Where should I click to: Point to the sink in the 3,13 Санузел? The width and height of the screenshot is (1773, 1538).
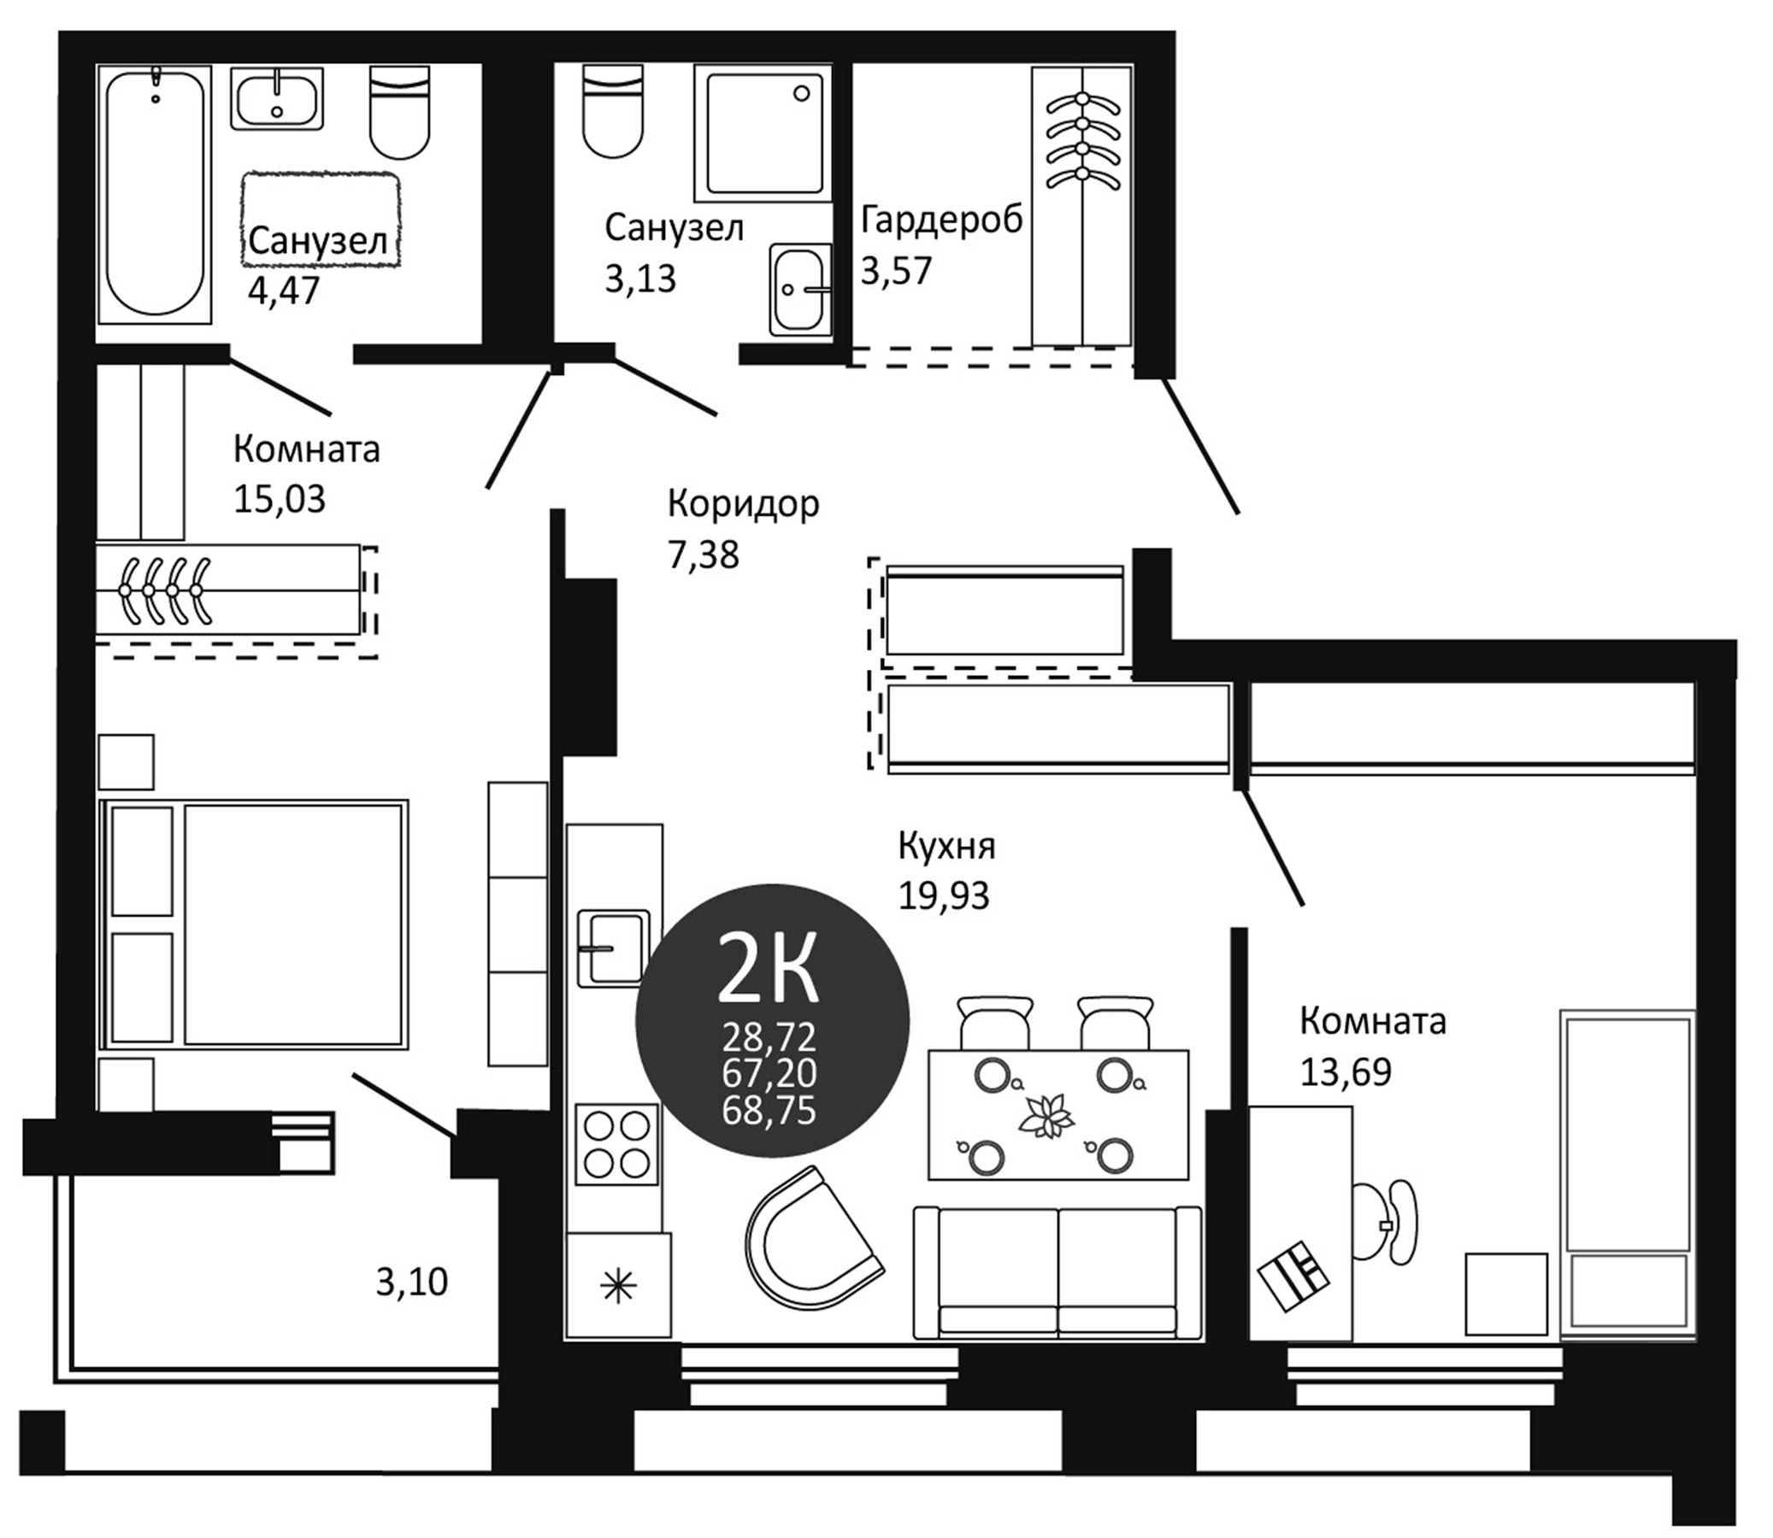(800, 290)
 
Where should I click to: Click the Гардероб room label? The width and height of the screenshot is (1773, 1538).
(942, 220)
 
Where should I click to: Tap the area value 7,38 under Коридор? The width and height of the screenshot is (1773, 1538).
(703, 555)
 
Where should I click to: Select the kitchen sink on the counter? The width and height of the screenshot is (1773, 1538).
(613, 948)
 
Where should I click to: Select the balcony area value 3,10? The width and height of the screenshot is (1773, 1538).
(412, 1282)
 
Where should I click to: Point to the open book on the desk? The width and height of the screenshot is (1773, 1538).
(1293, 1275)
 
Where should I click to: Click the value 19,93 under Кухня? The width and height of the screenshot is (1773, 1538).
(944, 896)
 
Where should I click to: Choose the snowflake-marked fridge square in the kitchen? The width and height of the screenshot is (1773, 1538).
(618, 1287)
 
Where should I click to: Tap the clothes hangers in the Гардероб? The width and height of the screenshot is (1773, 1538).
(1082, 139)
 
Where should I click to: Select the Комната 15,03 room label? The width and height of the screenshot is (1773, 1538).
(307, 449)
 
